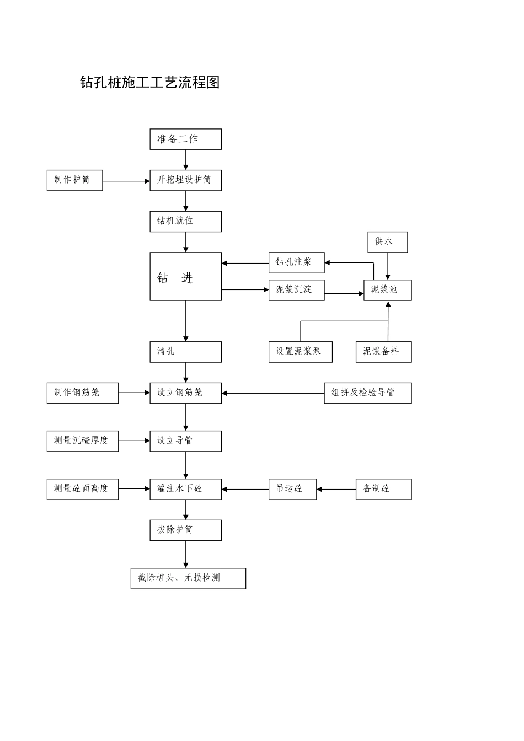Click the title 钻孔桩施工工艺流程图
click(150, 83)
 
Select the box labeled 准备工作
click(185, 139)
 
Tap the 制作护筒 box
click(74, 180)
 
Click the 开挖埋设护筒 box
click(185, 180)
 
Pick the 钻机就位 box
click(185, 221)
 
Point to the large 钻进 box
click(185, 277)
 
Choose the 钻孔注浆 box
click(296, 262)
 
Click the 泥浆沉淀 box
click(296, 290)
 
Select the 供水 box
click(388, 242)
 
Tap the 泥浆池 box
click(387, 290)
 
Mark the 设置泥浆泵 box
click(300, 352)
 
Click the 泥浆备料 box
click(383, 352)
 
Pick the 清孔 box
click(185, 352)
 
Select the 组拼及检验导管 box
click(367, 393)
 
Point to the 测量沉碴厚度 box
click(82, 441)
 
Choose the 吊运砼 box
click(292, 489)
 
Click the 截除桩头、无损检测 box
click(188, 578)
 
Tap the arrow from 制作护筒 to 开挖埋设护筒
click(126, 181)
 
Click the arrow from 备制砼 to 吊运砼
click(336, 489)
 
